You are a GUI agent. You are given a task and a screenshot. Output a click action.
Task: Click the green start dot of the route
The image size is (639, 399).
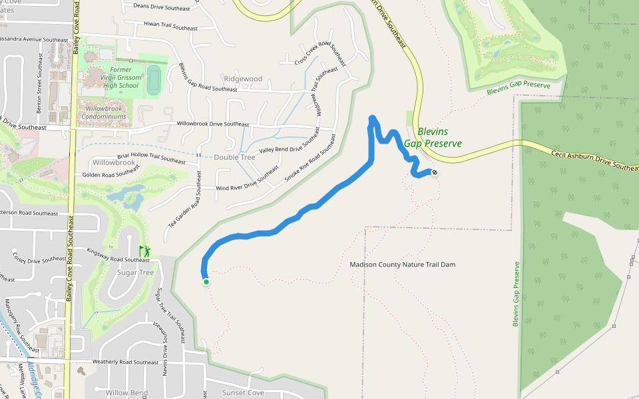click(206, 282)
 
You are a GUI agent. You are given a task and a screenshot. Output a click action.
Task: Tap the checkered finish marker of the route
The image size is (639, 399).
click(435, 173)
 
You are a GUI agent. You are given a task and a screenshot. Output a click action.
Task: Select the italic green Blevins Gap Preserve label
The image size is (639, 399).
click(433, 138)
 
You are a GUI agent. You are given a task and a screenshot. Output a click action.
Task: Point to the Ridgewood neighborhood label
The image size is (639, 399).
click(243, 79)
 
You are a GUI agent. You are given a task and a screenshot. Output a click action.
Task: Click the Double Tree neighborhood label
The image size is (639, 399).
click(234, 158)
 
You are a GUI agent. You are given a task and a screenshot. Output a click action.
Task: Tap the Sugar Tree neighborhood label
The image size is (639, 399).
click(136, 273)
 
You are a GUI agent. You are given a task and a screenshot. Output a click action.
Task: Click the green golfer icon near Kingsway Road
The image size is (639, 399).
click(144, 251)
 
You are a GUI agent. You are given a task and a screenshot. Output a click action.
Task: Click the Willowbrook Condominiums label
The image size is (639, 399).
click(103, 112)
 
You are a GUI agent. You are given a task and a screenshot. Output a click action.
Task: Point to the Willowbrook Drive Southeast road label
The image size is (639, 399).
click(212, 124)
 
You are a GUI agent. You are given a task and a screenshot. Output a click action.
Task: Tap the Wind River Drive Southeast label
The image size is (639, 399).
click(246, 183)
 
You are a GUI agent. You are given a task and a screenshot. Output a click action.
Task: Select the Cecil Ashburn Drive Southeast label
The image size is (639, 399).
click(594, 160)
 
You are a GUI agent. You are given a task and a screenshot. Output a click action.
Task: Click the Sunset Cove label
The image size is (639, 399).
click(243, 392)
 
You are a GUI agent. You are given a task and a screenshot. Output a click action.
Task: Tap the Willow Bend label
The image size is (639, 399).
click(126, 393)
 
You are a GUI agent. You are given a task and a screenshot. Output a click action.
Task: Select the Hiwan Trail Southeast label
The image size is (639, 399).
click(170, 26)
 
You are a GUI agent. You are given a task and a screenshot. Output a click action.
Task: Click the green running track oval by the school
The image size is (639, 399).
click(154, 79)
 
